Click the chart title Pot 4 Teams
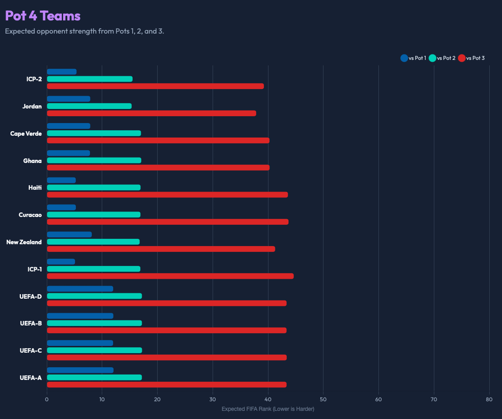point(43,16)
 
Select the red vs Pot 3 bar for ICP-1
point(170,276)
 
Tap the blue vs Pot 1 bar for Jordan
point(68,99)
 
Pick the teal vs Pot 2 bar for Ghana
point(94,160)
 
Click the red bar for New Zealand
point(161,249)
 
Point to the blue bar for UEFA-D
point(80,289)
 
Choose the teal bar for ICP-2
point(90,79)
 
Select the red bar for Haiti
point(167,195)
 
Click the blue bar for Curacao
point(61,207)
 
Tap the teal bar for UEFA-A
point(94,378)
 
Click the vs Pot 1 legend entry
point(413,58)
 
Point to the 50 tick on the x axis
point(324,399)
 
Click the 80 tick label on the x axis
point(489,399)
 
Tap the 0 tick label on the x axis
point(46,399)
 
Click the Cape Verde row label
point(26,134)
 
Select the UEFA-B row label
point(31,323)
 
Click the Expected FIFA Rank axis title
point(268,409)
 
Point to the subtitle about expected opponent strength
point(84,32)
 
